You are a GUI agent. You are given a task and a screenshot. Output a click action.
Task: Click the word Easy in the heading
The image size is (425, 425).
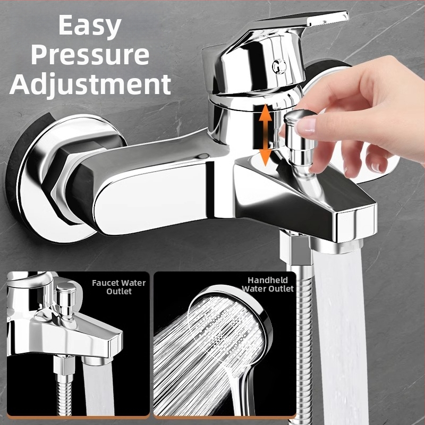[x=90, y=26]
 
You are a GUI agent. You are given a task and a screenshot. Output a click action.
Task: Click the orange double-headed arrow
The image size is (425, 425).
[x=265, y=135]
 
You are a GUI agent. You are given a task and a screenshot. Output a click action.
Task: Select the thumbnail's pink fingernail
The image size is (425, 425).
[x=307, y=126]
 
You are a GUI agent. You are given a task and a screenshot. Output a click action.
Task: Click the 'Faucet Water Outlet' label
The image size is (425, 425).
[x=118, y=287]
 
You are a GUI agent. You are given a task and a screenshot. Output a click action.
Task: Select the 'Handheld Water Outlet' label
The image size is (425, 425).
[x=268, y=284]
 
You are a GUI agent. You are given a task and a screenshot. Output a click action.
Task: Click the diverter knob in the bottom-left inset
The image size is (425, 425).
[x=65, y=301]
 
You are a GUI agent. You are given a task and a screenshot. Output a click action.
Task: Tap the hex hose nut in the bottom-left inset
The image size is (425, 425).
[x=64, y=365]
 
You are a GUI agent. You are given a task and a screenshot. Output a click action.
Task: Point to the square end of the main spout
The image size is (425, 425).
[x=356, y=223]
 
